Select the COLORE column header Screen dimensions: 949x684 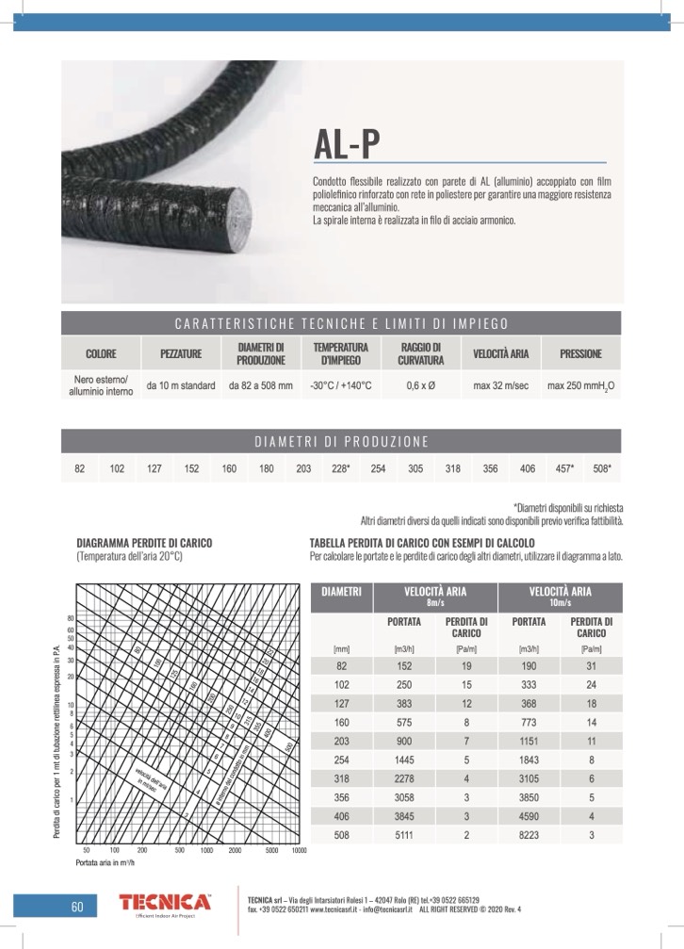point(101,354)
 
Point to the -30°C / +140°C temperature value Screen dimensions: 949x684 point(341,385)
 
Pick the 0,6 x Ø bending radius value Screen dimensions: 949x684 point(419,385)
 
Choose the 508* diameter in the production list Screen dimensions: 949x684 point(601,468)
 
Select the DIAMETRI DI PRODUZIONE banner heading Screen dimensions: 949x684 point(341,441)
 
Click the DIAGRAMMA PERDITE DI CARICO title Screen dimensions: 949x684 point(144,544)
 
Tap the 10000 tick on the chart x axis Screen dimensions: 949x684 point(300,850)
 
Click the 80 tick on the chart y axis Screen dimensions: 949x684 point(71,619)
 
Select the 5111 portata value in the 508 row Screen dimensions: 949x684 point(403,835)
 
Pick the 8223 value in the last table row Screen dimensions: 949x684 point(529,835)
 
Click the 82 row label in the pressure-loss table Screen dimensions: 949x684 point(341,665)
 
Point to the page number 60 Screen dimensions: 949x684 point(77,908)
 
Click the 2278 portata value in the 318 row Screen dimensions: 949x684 point(403,779)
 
